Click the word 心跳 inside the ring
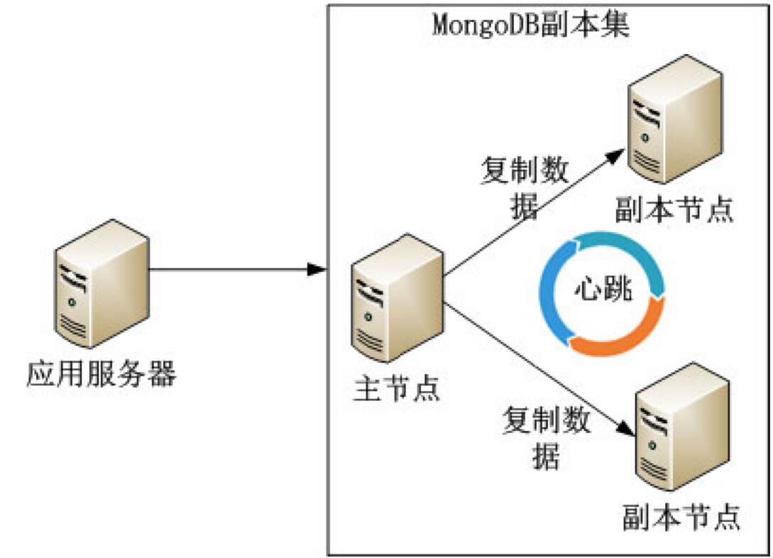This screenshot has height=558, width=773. click(x=603, y=292)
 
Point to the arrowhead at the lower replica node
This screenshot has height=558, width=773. click(x=625, y=431)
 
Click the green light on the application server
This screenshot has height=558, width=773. click(x=71, y=304)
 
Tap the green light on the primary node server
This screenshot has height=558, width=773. click(x=366, y=317)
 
